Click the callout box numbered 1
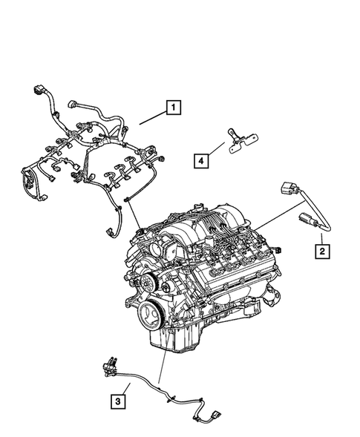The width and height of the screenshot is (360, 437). pos(172,108)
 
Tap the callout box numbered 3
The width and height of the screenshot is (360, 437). pos(117,401)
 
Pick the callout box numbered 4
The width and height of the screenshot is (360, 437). pos(200,157)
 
